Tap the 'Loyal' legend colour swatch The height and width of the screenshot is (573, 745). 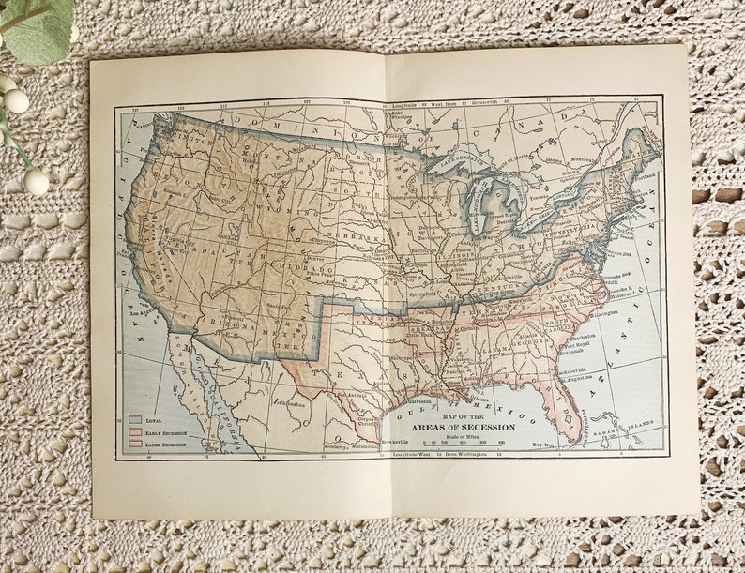coord(135,420)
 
